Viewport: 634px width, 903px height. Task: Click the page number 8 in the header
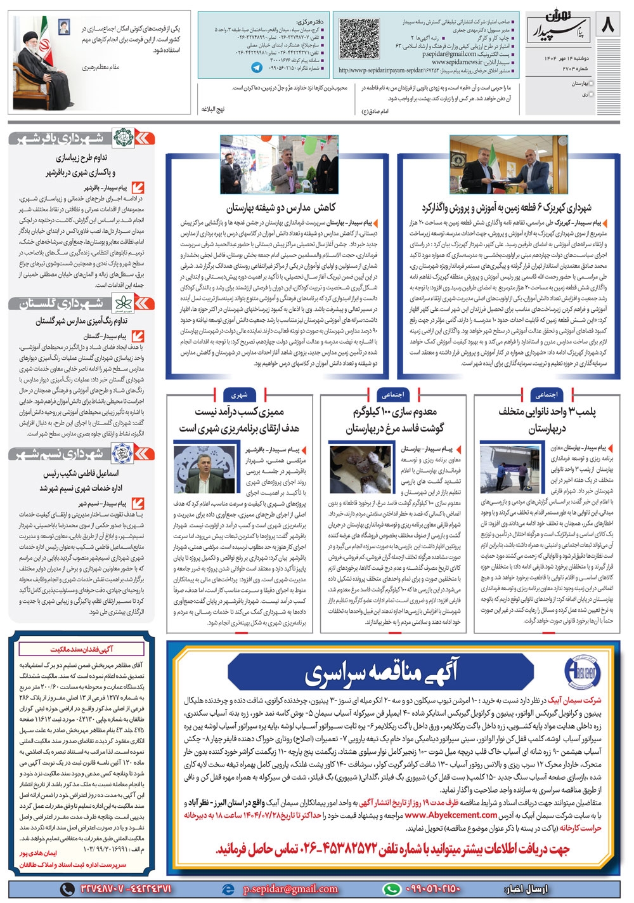coord(607,27)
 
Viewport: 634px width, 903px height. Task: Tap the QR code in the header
coord(359,39)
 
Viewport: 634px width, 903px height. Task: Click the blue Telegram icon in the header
coord(256,67)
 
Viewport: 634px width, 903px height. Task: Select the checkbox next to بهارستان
coord(592,84)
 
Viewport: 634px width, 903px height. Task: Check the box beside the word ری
coord(592,95)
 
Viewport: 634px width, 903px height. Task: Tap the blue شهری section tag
coord(240,395)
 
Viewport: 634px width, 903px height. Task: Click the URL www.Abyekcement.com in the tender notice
coord(451,815)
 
